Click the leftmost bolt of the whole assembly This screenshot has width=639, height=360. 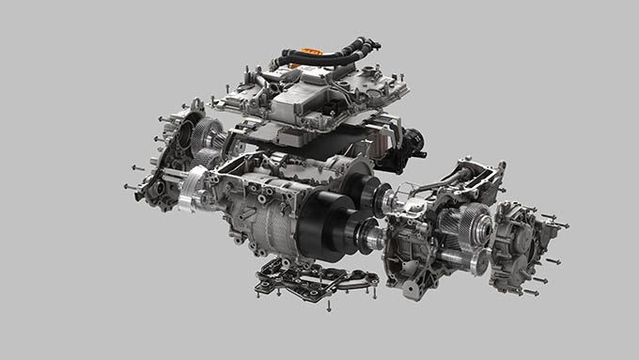(126, 186)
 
